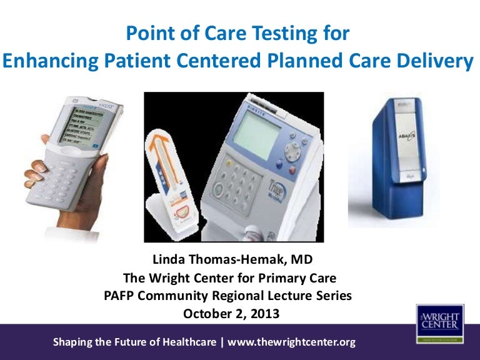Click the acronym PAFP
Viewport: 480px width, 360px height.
click(121, 296)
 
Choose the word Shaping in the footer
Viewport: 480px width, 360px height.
click(73, 342)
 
